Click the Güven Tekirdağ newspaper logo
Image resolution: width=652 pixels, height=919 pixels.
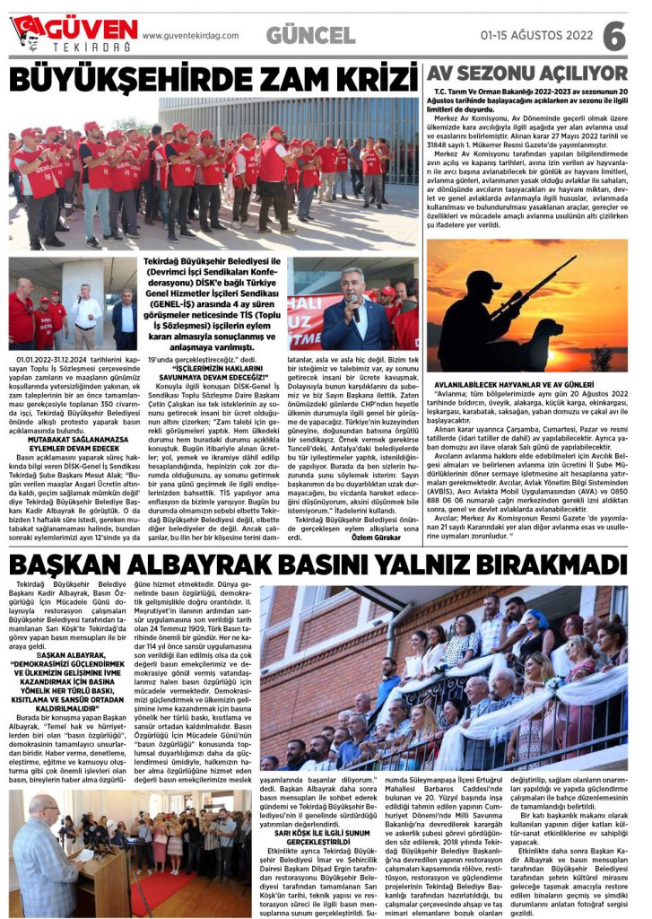(x=74, y=33)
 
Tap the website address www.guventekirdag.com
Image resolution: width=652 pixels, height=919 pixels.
(x=190, y=36)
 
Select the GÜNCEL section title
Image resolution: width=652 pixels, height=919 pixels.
(x=310, y=36)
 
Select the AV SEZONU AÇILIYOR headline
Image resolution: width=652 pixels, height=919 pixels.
(x=526, y=73)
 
